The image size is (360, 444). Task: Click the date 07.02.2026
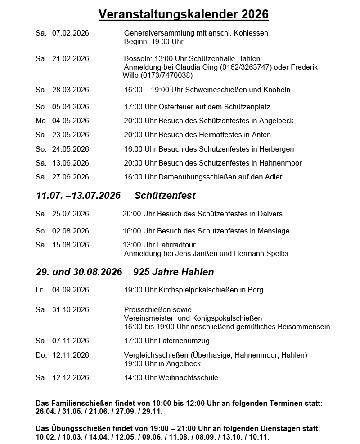coord(71,33)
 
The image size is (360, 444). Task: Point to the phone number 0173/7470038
coord(166,75)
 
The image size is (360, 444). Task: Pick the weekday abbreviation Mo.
coord(41,121)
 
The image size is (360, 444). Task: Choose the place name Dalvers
coord(270,214)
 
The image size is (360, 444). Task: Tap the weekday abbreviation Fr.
coord(40,290)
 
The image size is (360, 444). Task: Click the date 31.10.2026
coord(71,309)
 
